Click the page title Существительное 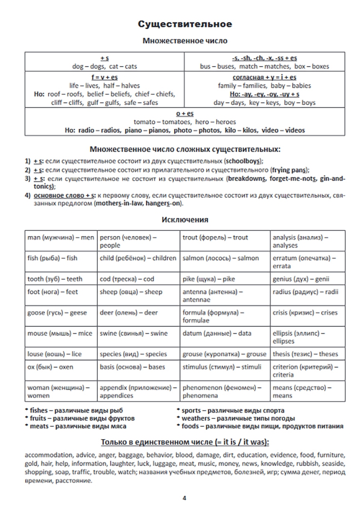[x=185, y=24]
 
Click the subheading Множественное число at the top [x=185, y=41]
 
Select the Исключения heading [x=185, y=220]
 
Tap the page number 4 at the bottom [x=185, y=498]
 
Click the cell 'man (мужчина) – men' [x=61, y=237]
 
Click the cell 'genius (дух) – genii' [x=300, y=279]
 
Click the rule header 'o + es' [x=185, y=114]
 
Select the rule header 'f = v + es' [x=105, y=77]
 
